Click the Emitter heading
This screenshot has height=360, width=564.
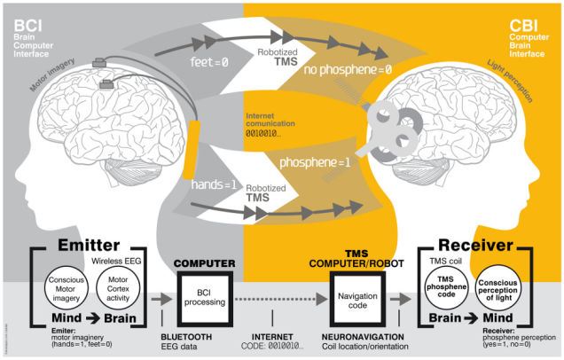point(65,246)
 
